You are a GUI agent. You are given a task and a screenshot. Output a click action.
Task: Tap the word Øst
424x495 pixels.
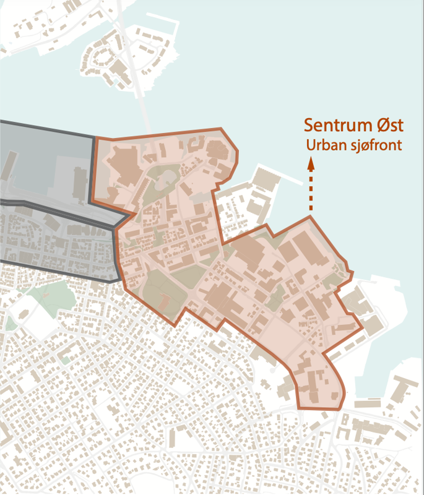tap(388, 126)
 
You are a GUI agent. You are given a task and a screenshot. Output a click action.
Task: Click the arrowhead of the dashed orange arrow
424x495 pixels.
tap(311, 164)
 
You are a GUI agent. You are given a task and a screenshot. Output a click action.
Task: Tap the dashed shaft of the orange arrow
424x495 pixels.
tap(311, 192)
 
